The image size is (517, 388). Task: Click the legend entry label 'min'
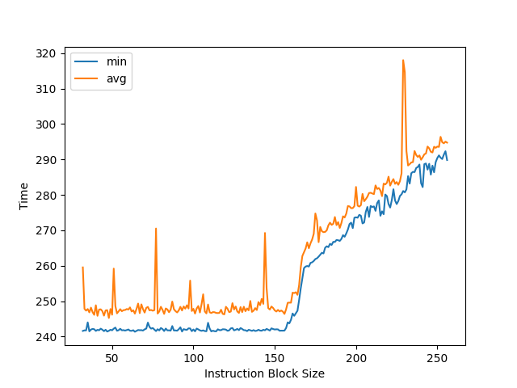pyautogui.click(x=116, y=61)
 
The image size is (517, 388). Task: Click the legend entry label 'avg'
pyautogui.click(x=116, y=78)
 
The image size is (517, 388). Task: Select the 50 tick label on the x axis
pyautogui.click(x=112, y=357)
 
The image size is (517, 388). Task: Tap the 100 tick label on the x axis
pyautogui.click(x=194, y=357)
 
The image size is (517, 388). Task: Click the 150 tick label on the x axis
pyautogui.click(x=275, y=357)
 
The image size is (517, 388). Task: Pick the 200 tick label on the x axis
pyautogui.click(x=356, y=357)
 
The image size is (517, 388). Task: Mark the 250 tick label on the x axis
pyautogui.click(x=437, y=357)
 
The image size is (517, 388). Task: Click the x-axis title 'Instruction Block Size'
pyautogui.click(x=264, y=373)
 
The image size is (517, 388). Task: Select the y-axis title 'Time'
pyautogui.click(x=24, y=196)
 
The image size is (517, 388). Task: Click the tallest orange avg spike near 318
pyautogui.click(x=403, y=61)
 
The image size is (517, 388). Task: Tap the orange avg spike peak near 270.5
pyautogui.click(x=156, y=229)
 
